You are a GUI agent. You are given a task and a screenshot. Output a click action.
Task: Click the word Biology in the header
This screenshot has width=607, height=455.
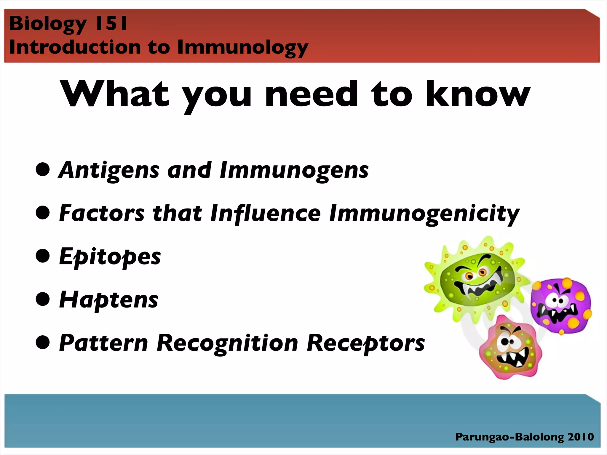pos(47,24)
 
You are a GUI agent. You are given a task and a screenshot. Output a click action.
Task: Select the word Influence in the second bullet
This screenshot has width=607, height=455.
pos(265,213)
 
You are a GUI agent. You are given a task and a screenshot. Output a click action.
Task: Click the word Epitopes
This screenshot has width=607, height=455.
pos(110,257)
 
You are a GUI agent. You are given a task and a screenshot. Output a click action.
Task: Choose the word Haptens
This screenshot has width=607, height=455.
pos(108,300)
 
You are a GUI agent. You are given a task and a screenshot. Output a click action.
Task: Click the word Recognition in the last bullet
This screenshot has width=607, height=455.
pos(227,343)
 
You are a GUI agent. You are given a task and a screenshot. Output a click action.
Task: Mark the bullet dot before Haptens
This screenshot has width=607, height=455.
pos(43,299)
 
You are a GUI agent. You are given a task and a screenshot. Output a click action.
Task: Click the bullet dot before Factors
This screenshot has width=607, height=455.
pos(43,213)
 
